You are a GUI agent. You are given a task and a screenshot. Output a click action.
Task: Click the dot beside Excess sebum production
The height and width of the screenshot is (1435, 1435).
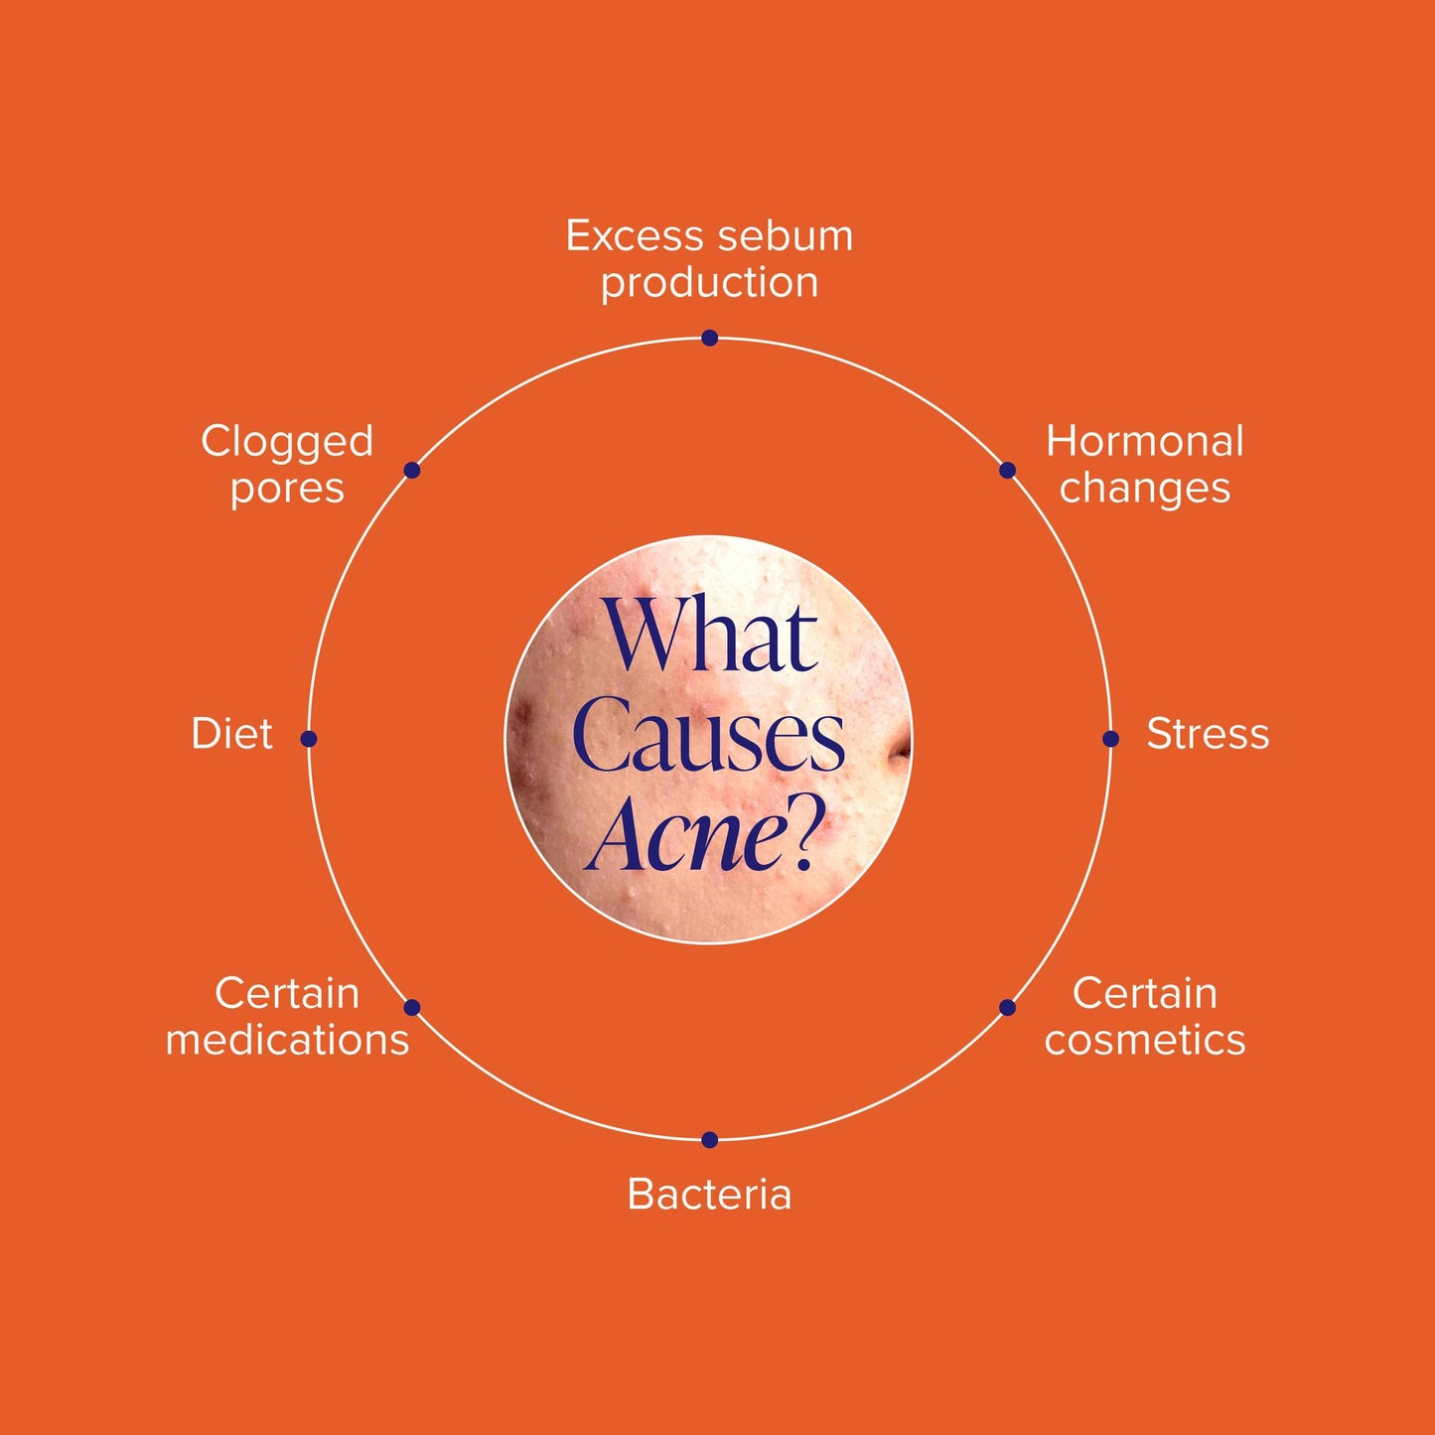[710, 338]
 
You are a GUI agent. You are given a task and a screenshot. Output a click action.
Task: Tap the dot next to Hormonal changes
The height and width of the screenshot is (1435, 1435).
[1007, 470]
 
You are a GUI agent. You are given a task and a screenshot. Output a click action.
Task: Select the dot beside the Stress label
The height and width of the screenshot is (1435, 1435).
[1110, 739]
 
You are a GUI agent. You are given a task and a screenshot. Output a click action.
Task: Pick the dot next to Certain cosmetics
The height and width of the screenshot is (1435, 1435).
[1007, 1008]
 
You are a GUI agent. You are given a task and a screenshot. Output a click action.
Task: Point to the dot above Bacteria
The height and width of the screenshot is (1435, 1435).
[710, 1139]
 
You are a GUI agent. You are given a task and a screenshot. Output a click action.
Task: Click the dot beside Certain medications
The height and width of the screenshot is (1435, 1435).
[412, 1008]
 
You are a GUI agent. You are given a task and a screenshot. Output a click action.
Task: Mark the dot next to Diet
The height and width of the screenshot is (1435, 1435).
[309, 739]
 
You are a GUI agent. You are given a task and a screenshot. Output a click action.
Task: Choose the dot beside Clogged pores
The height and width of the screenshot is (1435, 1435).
[412, 470]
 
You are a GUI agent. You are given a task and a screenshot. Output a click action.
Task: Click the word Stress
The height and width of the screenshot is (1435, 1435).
[1208, 734]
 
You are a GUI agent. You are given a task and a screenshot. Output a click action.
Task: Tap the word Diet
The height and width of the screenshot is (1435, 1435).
[231, 734]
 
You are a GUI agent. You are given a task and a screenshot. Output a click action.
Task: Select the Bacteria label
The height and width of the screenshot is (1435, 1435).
[709, 1195]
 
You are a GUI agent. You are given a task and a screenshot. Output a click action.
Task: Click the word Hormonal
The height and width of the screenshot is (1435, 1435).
[1145, 442]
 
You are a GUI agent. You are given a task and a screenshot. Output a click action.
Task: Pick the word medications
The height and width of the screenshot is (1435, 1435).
[287, 1040]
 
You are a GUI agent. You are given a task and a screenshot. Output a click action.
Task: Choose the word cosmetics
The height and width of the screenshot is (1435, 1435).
[1145, 1040]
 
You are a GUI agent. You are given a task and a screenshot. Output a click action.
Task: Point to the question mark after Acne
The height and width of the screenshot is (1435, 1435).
[811, 838]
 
